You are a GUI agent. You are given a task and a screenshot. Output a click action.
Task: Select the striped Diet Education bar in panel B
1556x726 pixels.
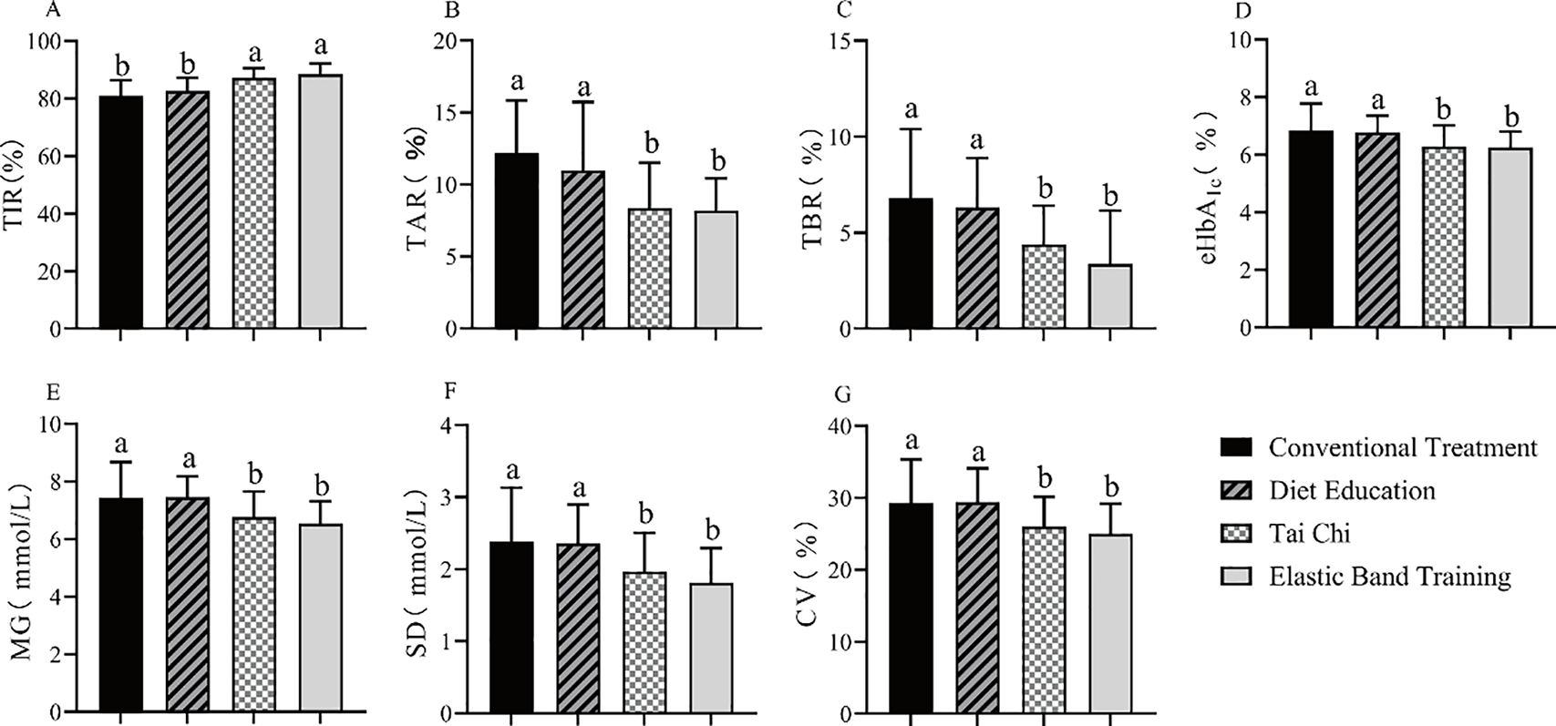[x=583, y=250]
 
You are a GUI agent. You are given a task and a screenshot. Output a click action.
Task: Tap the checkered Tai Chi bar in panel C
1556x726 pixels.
[x=1044, y=287]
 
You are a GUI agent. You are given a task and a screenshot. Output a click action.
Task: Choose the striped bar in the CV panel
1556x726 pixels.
[x=976, y=607]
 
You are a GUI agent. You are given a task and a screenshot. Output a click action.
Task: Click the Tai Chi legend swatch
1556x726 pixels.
[x=1238, y=533]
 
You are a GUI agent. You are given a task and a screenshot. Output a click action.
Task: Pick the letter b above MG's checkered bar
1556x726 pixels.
[x=256, y=475]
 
